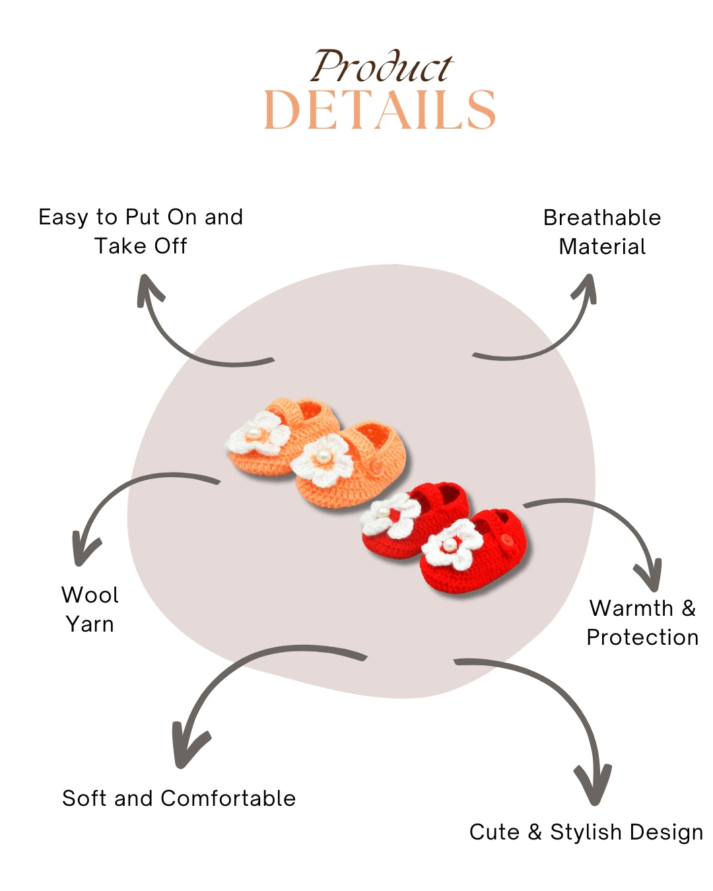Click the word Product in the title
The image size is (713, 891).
pyautogui.click(x=382, y=67)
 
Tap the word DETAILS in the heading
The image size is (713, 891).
pyautogui.click(x=380, y=110)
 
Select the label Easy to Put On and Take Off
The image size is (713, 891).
pyautogui.click(x=141, y=231)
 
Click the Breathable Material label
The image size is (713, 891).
pyautogui.click(x=602, y=232)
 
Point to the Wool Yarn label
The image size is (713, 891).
pyautogui.click(x=90, y=609)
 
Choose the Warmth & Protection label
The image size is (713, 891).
pyautogui.click(x=642, y=622)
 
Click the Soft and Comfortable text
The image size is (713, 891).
pyautogui.click(x=179, y=798)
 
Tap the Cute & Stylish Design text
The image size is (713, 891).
pyautogui.click(x=586, y=832)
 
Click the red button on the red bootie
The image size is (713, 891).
pyautogui.click(x=506, y=540)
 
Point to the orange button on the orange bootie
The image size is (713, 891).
pyautogui.click(x=376, y=466)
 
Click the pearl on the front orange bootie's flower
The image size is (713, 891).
pyautogui.click(x=323, y=457)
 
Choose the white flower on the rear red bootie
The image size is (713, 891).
pyautogui.click(x=390, y=515)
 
